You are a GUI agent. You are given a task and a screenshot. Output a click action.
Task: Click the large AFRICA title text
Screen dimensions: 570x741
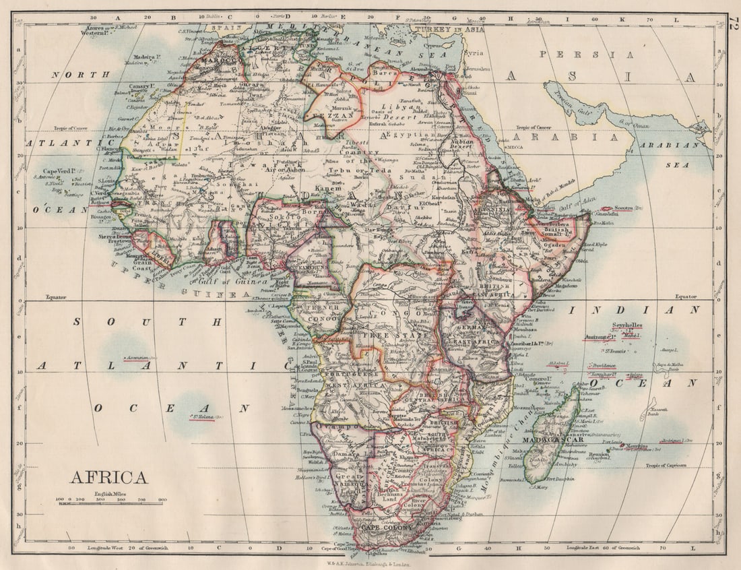(x=108, y=478)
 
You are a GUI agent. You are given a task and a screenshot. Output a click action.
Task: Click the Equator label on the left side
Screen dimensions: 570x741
(x=57, y=296)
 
